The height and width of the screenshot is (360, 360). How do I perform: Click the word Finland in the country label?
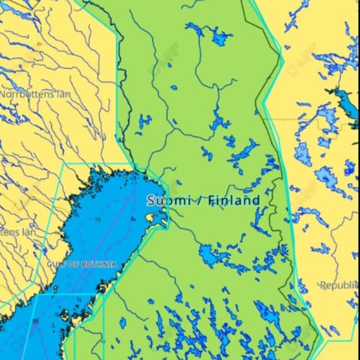coord(234,200)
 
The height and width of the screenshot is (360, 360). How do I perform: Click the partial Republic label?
coord(340,285)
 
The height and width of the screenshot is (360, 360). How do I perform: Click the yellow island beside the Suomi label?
coord(155,218)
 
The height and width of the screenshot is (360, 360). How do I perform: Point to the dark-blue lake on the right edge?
coord(346,98)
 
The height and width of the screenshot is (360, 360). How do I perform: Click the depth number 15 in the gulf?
coord(97,219)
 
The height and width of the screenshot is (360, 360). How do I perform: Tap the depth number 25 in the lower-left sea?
coord(35,322)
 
